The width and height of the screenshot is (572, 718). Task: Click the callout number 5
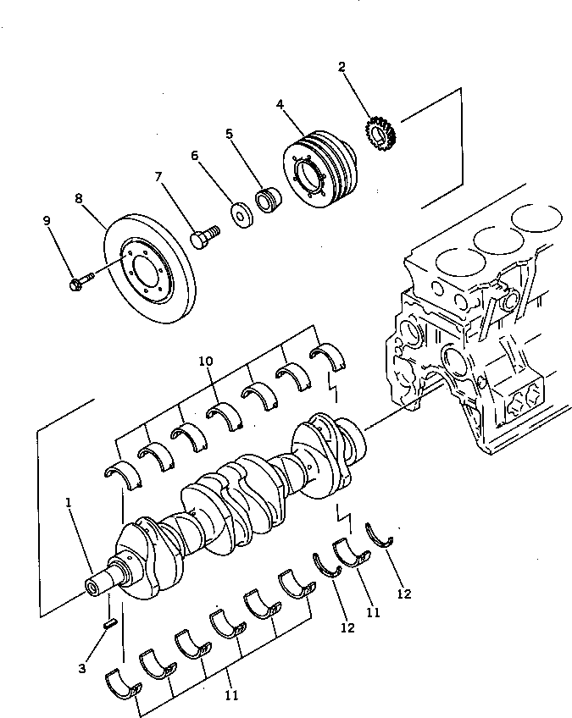(x=229, y=134)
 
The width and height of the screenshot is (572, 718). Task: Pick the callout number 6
(x=194, y=156)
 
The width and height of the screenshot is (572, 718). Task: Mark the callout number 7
(x=158, y=177)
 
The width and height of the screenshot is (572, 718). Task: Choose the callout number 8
(x=79, y=199)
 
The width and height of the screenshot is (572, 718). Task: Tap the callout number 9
(x=47, y=221)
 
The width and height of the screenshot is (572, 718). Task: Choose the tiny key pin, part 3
(x=109, y=624)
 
